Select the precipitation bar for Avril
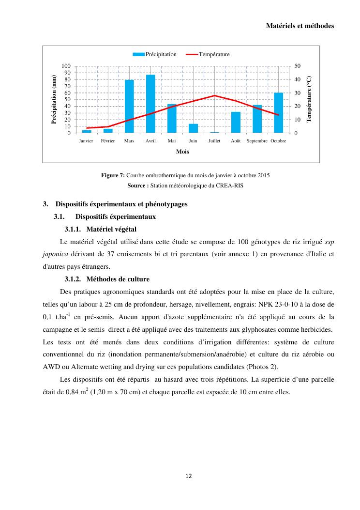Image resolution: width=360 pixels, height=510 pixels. (150, 104)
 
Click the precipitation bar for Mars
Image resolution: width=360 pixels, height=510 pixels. (129, 107)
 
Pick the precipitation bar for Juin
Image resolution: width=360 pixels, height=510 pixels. (193, 128)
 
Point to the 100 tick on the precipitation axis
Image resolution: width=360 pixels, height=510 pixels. (66, 66)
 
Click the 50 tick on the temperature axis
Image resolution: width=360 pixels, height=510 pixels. (298, 66)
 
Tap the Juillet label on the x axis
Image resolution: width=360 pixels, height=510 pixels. (214, 141)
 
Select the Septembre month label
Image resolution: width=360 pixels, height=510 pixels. (257, 141)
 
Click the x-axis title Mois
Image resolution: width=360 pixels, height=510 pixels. (182, 152)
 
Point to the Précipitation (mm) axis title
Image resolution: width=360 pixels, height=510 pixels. (54, 99)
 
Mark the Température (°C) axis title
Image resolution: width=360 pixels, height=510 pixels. (310, 99)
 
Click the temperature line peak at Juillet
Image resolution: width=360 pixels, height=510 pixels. (214, 95)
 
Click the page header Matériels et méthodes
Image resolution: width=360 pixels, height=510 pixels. (300, 26)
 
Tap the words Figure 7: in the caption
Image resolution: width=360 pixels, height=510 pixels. (113, 175)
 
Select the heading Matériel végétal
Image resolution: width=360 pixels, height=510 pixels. (112, 229)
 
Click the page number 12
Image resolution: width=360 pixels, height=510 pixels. (189, 476)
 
